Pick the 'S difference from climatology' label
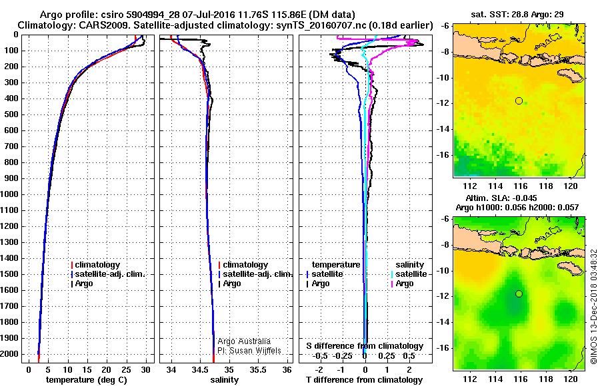point(365,346)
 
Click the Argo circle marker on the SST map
point(519,100)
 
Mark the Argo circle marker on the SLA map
point(519,293)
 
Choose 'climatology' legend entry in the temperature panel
point(97,265)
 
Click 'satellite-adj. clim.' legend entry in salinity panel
point(257,274)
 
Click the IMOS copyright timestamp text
point(593,306)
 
